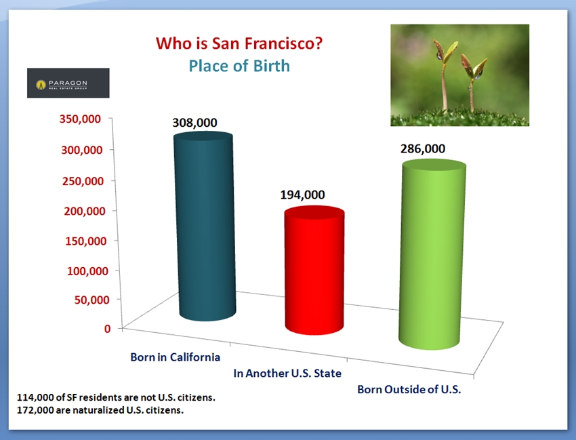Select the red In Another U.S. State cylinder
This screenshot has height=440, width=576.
pyautogui.click(x=314, y=271)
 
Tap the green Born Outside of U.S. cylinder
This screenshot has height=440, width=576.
pyautogui.click(x=432, y=254)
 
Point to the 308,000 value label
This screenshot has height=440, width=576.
pyautogui.click(x=194, y=123)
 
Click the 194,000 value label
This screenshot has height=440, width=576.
pyautogui.click(x=302, y=195)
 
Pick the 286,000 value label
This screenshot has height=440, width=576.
pyautogui.click(x=423, y=148)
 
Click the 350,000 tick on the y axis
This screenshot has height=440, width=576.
pyautogui.click(x=80, y=119)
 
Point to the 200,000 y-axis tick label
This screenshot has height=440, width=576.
pyautogui.click(x=85, y=211)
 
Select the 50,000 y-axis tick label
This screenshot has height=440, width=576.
pyautogui.click(x=92, y=300)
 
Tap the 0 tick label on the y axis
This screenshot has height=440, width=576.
pyautogui.click(x=107, y=328)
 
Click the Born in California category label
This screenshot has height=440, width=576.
pyautogui.click(x=176, y=357)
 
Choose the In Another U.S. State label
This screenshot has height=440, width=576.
pyautogui.click(x=287, y=373)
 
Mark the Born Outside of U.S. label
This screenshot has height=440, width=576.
pyautogui.click(x=409, y=389)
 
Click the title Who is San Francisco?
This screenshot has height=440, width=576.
pyautogui.click(x=239, y=43)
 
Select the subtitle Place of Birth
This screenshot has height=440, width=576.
pyautogui.click(x=239, y=66)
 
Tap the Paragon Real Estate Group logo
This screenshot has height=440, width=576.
pyautogui.click(x=68, y=83)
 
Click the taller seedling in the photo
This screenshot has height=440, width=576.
pyautogui.click(x=445, y=75)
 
